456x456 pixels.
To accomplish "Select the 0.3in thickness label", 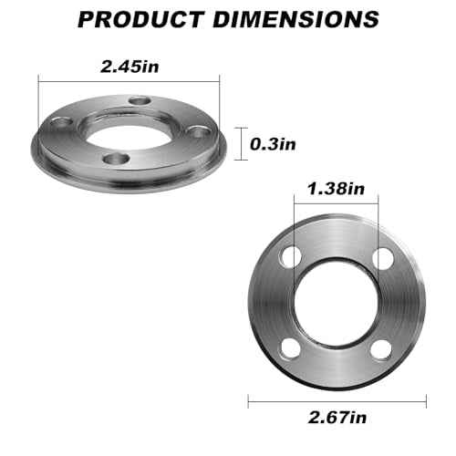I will [x=275, y=142].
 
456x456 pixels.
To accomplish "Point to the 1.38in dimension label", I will [x=337, y=190].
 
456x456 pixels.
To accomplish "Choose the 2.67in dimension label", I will [x=337, y=420].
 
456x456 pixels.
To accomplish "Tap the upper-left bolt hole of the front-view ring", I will [x=291, y=257].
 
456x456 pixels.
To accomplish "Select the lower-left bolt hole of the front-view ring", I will [x=291, y=347].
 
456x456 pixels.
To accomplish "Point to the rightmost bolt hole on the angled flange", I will [x=193, y=134].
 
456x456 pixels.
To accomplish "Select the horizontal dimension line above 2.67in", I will [x=337, y=399].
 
